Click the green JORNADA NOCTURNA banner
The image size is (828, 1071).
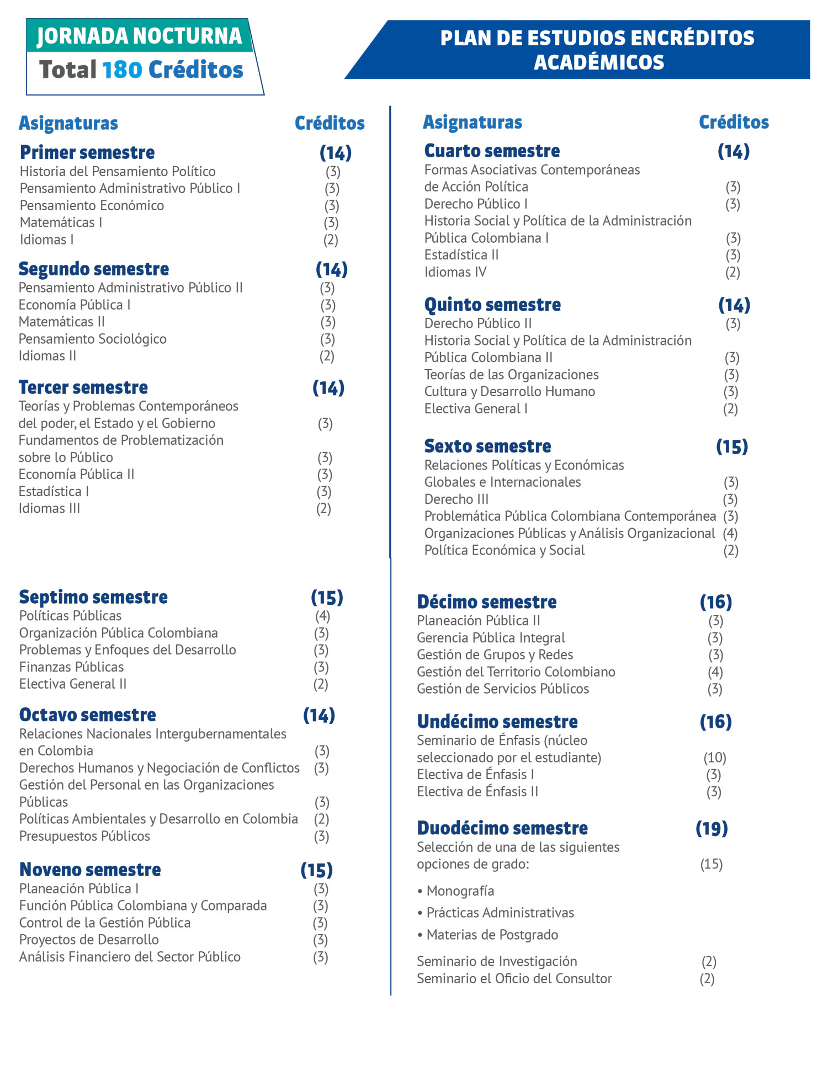click(139, 36)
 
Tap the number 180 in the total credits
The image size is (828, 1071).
click(122, 70)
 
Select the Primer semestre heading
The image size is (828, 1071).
click(87, 152)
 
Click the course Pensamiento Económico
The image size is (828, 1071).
click(92, 206)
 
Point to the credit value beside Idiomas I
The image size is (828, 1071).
click(331, 240)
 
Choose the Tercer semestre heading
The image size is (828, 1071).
click(83, 387)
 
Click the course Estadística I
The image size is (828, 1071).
click(54, 492)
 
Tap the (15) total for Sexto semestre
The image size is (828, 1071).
click(732, 446)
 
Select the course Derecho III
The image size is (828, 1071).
click(456, 499)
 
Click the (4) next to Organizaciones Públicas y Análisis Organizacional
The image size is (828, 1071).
click(730, 534)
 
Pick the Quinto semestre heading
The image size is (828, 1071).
click(492, 305)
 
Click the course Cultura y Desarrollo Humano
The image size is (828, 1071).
click(509, 392)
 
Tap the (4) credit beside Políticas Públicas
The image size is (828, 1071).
click(322, 616)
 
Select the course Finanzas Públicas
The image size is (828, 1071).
click(71, 667)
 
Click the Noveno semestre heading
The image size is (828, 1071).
click(90, 870)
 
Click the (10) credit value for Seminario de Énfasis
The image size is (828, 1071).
click(715, 758)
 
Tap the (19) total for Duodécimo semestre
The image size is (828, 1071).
click(712, 828)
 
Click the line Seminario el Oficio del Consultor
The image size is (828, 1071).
click(514, 979)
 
